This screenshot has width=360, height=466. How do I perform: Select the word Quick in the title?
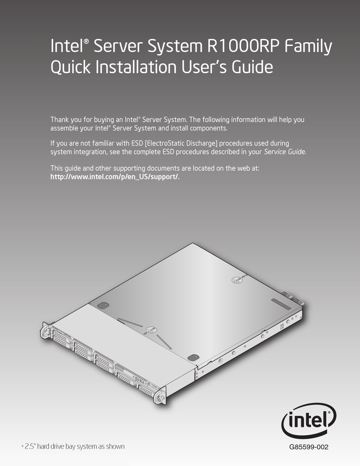coord(70,67)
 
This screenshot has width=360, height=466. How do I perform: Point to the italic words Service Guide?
coord(284,152)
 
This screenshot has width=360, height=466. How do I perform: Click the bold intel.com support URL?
coord(115,177)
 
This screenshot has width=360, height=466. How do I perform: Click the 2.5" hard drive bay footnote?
coord(73,447)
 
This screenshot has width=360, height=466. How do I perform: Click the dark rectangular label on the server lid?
coord(281,304)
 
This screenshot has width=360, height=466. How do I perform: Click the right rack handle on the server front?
coord(160,397)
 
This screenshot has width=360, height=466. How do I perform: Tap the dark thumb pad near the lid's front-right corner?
coord(193,357)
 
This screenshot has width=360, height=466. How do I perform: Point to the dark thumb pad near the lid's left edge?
coord(103,305)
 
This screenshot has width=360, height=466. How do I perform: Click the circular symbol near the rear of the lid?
coord(236,280)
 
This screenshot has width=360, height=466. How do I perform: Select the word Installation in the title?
coord(136,66)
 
